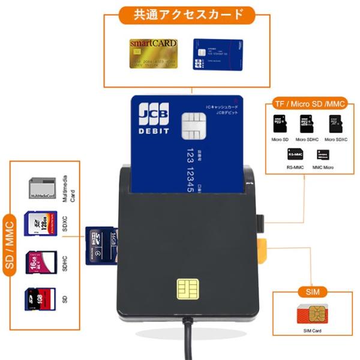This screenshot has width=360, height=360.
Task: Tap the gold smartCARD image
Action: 154,55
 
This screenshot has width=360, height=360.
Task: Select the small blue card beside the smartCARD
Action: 218,55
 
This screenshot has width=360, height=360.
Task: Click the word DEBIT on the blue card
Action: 154,130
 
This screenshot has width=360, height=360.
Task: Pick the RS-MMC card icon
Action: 295,154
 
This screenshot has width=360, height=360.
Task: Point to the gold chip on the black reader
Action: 187,288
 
